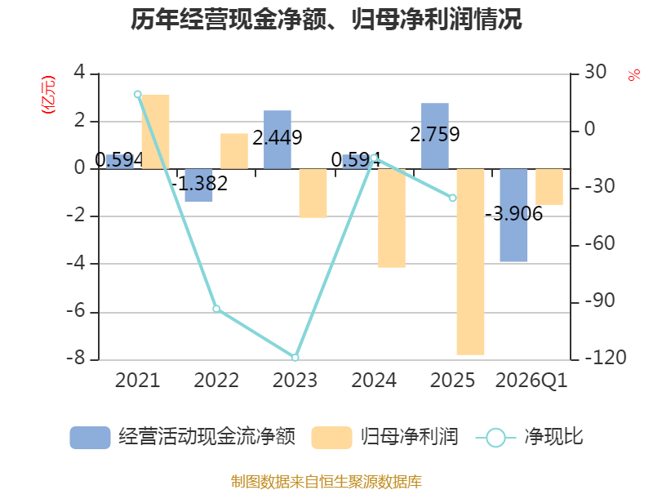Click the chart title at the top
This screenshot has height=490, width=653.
coord(326,19)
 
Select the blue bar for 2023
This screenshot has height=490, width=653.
coord(278,140)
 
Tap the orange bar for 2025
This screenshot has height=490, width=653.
coord(471,261)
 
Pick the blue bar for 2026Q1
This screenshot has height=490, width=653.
coord(513,215)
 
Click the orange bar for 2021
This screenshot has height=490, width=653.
coord(156,131)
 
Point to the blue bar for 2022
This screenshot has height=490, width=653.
coord(198,185)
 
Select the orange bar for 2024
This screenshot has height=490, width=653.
coord(392,218)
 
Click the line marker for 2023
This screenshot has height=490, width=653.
coord(295,358)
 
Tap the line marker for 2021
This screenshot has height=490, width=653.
coord(138,94)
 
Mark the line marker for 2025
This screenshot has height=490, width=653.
coord(453,198)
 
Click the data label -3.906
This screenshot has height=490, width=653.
coord(514,214)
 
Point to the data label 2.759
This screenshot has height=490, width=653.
coord(435,134)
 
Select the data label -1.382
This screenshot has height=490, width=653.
coord(199,183)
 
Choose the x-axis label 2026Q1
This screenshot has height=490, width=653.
coord(531,381)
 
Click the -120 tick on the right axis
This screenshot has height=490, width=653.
coord(606,358)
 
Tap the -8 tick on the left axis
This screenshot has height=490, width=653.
coord(76,359)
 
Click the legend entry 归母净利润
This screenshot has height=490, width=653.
coord(384,437)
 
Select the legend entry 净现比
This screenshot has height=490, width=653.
coord(529,437)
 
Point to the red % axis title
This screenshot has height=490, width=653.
coord(634,75)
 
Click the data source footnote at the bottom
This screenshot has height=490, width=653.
coord(326,481)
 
